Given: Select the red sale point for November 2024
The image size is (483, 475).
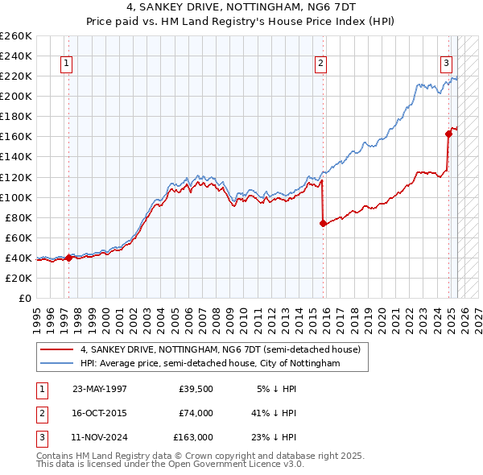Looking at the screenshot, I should (x=449, y=134).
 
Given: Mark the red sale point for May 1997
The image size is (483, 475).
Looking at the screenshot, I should (x=69, y=258).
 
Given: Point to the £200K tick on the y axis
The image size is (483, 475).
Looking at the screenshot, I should (x=16, y=96).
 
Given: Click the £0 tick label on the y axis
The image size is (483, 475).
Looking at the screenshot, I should (x=24, y=298).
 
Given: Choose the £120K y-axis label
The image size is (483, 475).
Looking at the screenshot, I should (x=16, y=177).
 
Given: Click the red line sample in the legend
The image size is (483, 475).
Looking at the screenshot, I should (x=57, y=349).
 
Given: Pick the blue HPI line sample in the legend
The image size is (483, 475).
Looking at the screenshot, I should (x=57, y=364).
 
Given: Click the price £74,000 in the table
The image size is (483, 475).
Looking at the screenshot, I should (x=196, y=413).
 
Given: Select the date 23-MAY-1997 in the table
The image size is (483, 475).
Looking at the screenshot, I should (x=100, y=388).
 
